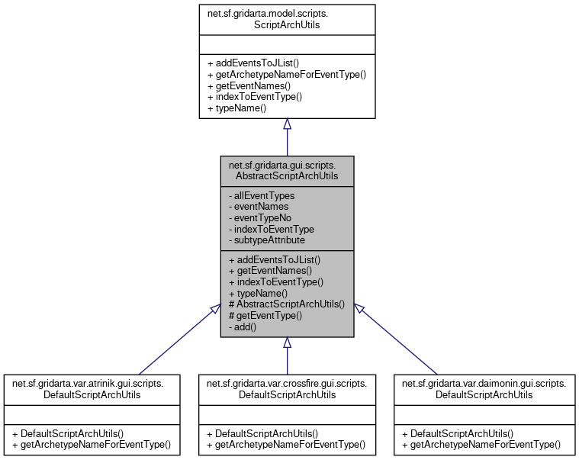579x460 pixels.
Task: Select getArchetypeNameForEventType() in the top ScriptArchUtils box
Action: coord(287,74)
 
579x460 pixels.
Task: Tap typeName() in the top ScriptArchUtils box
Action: coord(236,108)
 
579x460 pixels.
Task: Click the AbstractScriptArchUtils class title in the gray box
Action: coord(287,170)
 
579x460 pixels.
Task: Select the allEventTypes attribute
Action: coord(262,195)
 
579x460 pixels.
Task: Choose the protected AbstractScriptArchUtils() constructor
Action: coord(286,304)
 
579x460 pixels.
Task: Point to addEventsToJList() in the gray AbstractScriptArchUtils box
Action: coord(274,259)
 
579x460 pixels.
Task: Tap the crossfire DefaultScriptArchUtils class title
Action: coord(287,388)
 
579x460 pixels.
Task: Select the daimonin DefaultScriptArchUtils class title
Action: coord(483,388)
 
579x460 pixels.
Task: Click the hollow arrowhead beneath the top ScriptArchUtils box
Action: coord(287,124)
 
